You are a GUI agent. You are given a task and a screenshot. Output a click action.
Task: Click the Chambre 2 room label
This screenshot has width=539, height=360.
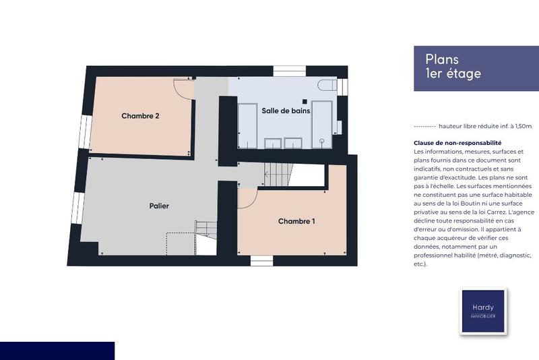click(140, 116)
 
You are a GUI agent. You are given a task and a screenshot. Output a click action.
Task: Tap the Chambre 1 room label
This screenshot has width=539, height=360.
click(296, 221)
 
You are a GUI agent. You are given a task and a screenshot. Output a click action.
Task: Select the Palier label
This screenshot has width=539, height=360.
click(159, 206)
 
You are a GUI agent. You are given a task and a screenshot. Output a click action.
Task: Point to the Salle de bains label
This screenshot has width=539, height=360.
click(286, 111)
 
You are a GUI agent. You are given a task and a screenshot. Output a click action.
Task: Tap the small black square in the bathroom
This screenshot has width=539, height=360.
click(305, 101)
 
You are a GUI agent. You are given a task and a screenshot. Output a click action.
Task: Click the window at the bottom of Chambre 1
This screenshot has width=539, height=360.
click(260, 260)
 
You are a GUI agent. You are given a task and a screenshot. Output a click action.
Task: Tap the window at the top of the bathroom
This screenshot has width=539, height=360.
click(290, 71)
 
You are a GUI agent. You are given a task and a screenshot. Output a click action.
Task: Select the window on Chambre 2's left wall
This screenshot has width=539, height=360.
click(84, 131)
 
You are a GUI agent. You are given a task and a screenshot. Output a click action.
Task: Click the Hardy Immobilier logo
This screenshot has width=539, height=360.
click(482, 310)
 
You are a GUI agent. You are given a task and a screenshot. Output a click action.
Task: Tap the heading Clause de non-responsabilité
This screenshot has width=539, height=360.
click(457, 143)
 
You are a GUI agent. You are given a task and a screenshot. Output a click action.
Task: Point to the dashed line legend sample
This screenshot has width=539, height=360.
click(424, 126)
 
